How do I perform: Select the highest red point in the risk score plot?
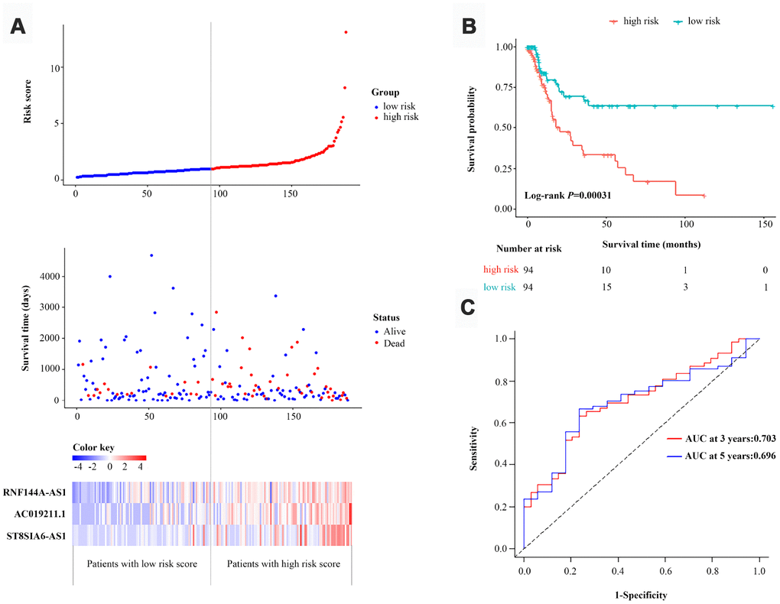click(x=346, y=32)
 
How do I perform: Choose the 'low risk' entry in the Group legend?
click(x=400, y=106)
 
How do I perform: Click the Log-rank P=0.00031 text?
click(x=567, y=196)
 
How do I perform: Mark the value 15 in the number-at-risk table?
click(x=606, y=287)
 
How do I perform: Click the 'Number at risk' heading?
click(x=528, y=248)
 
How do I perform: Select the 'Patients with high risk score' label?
click(x=280, y=563)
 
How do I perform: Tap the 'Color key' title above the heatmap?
click(x=93, y=447)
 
